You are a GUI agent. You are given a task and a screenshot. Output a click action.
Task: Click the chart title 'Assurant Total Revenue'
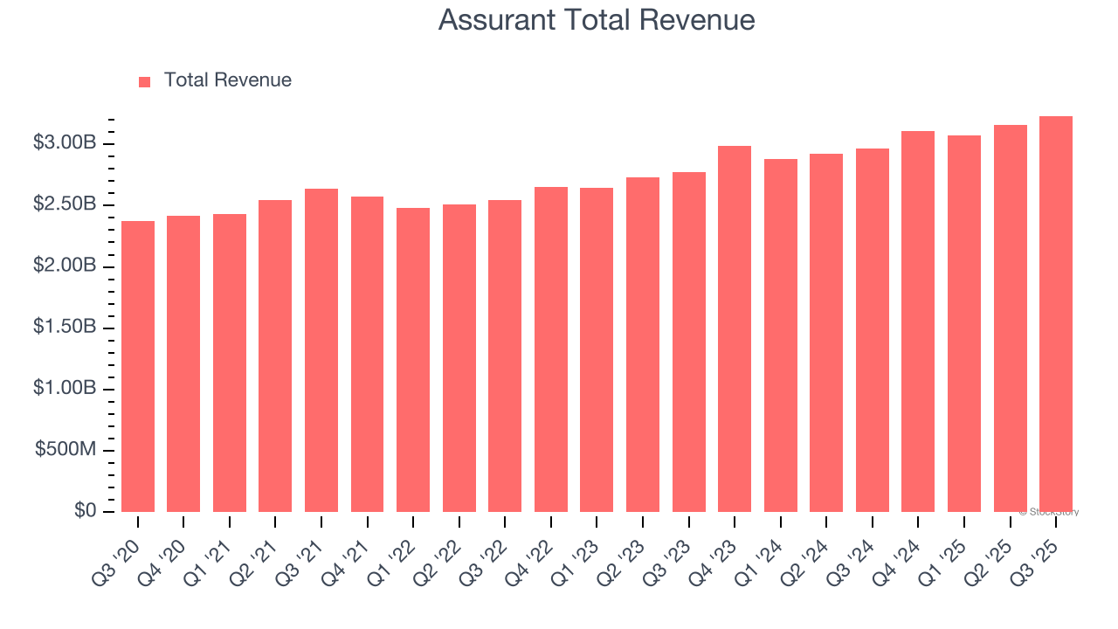click(597, 20)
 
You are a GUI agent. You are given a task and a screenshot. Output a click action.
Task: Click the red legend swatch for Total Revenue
click(145, 81)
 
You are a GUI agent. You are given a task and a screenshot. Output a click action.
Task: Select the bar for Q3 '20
click(138, 366)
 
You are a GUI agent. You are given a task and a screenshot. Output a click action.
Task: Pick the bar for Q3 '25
click(1056, 314)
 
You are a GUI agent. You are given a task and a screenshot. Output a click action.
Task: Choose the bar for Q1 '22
click(413, 359)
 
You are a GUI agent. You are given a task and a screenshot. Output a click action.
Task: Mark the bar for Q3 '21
click(321, 349)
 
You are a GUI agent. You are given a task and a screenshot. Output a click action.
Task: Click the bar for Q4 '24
click(918, 321)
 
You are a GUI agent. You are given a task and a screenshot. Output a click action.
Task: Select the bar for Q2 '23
click(643, 344)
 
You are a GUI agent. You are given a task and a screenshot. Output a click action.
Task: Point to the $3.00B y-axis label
click(64, 143)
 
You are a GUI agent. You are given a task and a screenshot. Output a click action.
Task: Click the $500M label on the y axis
click(66, 450)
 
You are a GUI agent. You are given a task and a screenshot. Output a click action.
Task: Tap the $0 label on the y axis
click(85, 511)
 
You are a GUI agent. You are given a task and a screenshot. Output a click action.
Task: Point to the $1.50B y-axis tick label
click(64, 328)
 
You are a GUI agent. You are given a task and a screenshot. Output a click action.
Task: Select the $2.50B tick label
click(64, 204)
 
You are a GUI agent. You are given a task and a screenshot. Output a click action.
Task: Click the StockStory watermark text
click(1049, 512)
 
